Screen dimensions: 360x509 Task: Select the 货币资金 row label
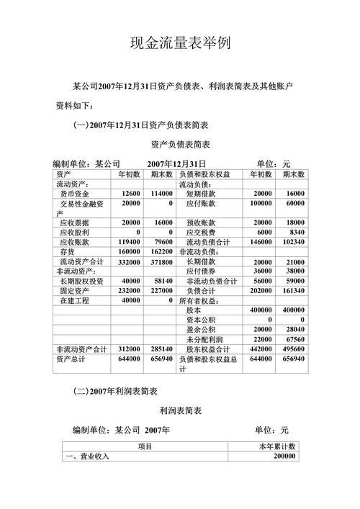pyautogui.click(x=75, y=194)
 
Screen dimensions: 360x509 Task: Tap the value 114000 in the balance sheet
pyautogui.click(x=162, y=194)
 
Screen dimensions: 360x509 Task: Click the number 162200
pyautogui.click(x=162, y=252)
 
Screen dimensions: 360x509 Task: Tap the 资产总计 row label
pyautogui.click(x=71, y=358)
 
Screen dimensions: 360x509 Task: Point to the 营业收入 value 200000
pyautogui.click(x=280, y=456)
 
